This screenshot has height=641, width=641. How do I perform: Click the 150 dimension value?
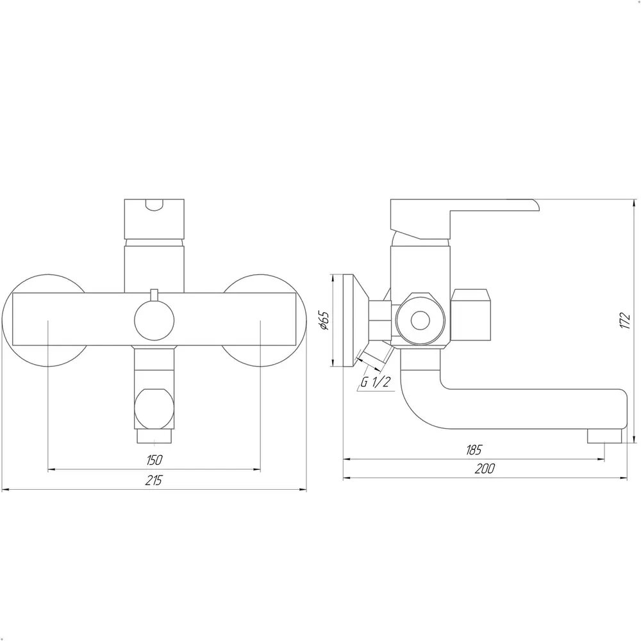(154, 460)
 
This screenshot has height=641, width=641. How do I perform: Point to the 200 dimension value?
(485, 469)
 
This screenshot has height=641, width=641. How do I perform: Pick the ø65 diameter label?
(324, 320)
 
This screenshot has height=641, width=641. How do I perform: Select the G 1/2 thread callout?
(375, 383)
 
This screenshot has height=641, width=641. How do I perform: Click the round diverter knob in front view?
(154, 319)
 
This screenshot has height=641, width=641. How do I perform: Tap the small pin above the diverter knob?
(154, 294)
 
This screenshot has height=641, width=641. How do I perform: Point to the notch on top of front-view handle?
(154, 205)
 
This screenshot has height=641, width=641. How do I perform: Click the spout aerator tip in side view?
(604, 436)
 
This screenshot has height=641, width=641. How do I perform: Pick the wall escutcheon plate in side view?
(350, 320)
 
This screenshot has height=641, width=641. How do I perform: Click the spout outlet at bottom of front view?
(154, 437)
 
